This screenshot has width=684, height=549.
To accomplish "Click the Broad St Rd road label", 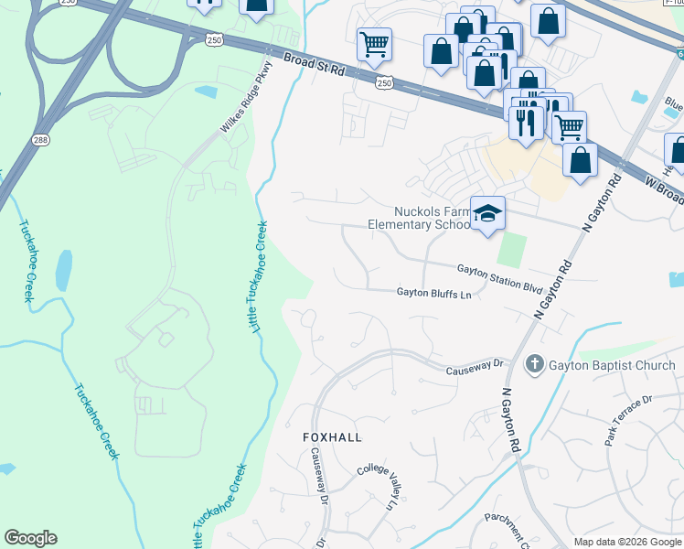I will pos(314,68).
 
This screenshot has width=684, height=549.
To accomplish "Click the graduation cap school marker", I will pos(487,214).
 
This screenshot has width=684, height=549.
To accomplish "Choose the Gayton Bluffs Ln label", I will pos(433,294).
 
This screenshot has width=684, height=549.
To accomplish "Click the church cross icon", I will pos(535,365).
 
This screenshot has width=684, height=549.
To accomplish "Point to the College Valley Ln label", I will pos(378,486).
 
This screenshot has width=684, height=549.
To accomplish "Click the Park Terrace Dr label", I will pos(628,420).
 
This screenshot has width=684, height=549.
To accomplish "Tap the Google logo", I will pos(30,538).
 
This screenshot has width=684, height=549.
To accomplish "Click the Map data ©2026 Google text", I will pos(627,542).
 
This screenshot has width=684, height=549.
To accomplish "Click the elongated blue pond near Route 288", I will pos(63,271).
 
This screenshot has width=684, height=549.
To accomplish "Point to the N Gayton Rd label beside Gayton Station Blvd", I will pos(554,289).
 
